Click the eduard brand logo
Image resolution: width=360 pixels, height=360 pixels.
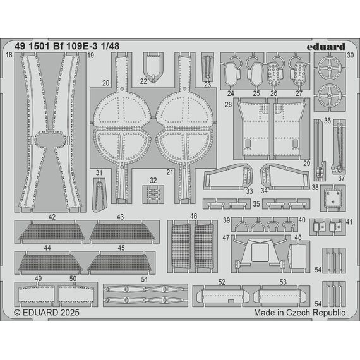(x=326, y=47)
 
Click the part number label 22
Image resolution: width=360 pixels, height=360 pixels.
(x=143, y=81)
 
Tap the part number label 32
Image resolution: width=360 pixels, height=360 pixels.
(x=153, y=181)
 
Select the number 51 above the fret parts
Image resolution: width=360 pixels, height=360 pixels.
(x=145, y=279)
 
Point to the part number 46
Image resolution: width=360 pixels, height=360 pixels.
(x=193, y=216)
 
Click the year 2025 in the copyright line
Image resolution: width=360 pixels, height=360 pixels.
(x=70, y=313)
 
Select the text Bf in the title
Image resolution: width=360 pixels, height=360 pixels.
(x=58, y=46)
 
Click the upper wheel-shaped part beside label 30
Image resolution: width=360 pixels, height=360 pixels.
(x=330, y=68)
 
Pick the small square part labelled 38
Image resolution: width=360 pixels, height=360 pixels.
(x=333, y=198)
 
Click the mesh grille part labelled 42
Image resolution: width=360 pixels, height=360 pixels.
(x=52, y=232)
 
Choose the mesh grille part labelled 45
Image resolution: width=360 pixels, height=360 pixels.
(x=119, y=262)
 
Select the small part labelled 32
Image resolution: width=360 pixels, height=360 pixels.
(x=153, y=195)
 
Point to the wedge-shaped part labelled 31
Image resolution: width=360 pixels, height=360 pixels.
(x=99, y=195)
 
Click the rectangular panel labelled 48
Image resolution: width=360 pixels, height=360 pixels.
(x=297, y=256)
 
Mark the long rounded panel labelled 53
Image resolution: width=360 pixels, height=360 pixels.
(x=280, y=296)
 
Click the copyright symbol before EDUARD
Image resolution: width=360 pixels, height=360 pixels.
(x=17, y=313)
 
